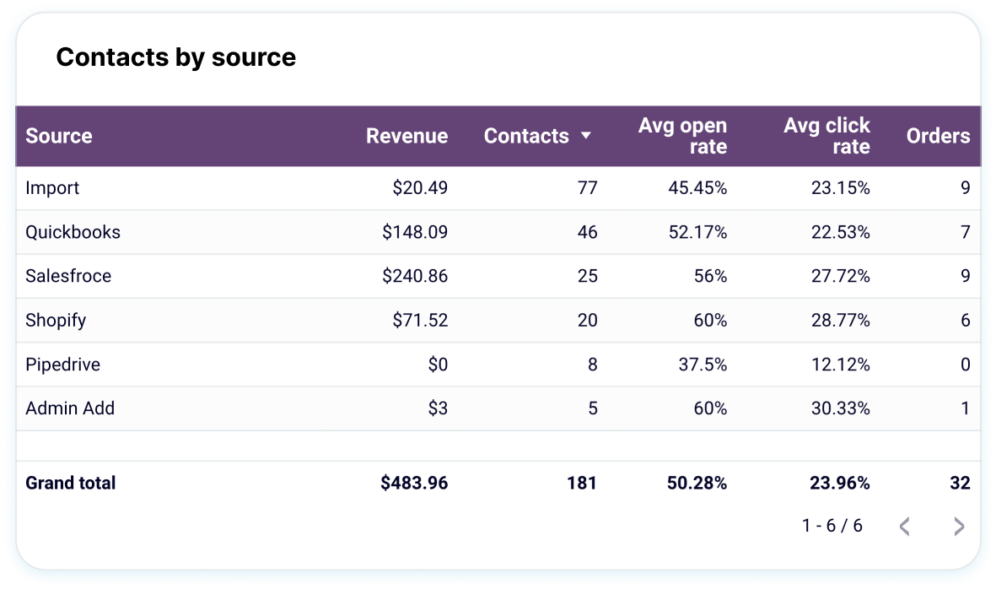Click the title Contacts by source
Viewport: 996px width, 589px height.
pyautogui.click(x=175, y=57)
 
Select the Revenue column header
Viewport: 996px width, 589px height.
pyautogui.click(x=406, y=136)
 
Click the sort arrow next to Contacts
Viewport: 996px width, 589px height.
pyautogui.click(x=586, y=136)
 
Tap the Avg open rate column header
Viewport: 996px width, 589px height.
pyautogui.click(x=682, y=136)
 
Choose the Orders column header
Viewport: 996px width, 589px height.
pyautogui.click(x=938, y=136)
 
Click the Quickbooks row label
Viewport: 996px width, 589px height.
pyautogui.click(x=73, y=232)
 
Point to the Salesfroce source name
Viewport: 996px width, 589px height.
pyautogui.click(x=68, y=276)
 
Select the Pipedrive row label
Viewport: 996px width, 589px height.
pyautogui.click(x=62, y=365)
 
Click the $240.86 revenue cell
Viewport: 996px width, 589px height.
pyautogui.click(x=415, y=276)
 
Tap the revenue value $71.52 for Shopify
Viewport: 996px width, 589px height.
pyautogui.click(x=420, y=321)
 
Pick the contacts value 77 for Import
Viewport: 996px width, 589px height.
pyautogui.click(x=587, y=188)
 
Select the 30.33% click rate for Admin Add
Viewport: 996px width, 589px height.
pyautogui.click(x=840, y=408)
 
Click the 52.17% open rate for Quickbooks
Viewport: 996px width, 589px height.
pyautogui.click(x=697, y=232)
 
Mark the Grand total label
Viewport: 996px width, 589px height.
pyautogui.click(x=71, y=484)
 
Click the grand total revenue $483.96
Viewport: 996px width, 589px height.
pyautogui.click(x=414, y=484)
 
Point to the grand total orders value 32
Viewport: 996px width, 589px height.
pyautogui.click(x=959, y=484)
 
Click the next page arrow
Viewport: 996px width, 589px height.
pyautogui.click(x=958, y=527)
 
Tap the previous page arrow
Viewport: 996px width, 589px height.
pyautogui.click(x=904, y=527)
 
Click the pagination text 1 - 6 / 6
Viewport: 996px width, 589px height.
pyautogui.click(x=832, y=526)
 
